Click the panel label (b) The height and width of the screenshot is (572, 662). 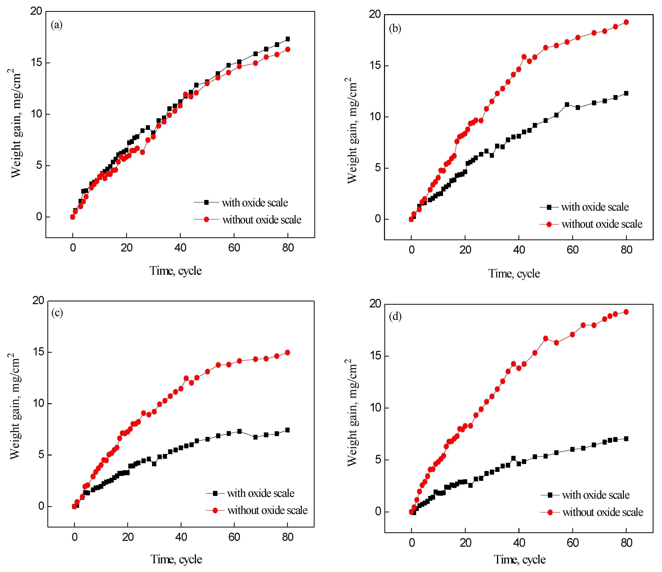coord(395,28)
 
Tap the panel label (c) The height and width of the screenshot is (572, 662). coord(57,313)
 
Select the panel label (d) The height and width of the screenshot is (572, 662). coord(395,316)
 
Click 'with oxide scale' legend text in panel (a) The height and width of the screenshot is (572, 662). coord(255,202)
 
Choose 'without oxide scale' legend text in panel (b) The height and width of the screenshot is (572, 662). coord(602,224)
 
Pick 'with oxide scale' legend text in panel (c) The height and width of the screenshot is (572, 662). coord(261,493)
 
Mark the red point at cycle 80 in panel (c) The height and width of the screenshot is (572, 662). coord(287,352)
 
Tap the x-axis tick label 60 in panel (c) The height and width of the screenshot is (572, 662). coord(234,537)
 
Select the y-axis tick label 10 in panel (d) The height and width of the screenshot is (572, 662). coord(376,408)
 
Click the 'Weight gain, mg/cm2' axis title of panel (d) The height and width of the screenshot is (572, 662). coord(352,412)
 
